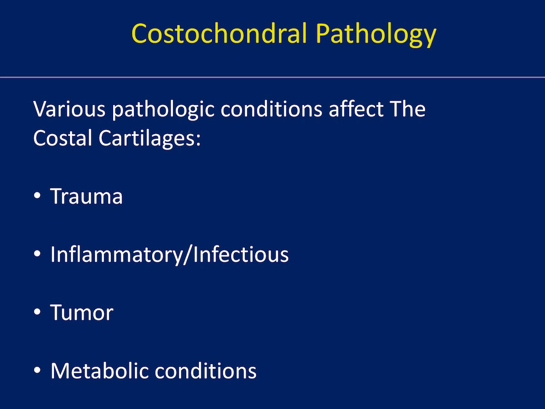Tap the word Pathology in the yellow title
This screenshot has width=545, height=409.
click(x=376, y=35)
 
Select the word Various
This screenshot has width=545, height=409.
click(x=69, y=109)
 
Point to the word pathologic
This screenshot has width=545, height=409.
click(x=163, y=110)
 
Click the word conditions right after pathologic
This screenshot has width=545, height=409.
click(x=272, y=109)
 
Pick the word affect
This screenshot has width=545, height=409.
click(x=356, y=109)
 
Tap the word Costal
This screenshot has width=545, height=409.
click(x=63, y=138)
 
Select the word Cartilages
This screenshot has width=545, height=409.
click(x=147, y=139)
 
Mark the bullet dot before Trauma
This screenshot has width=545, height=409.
click(x=37, y=195)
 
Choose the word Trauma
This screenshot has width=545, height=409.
click(x=86, y=196)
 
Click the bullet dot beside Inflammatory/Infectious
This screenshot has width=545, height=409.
click(x=37, y=254)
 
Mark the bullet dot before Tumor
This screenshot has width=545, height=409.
click(x=37, y=312)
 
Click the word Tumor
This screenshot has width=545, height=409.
click(x=82, y=312)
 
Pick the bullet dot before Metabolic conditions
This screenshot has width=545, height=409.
click(x=37, y=370)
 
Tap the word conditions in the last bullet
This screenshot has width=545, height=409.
click(x=206, y=371)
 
